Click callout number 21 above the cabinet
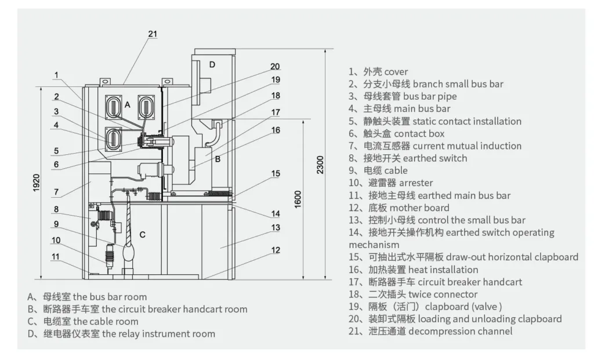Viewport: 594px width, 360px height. click(x=152, y=34)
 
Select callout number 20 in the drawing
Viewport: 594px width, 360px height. click(x=276, y=66)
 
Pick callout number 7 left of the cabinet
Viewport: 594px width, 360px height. click(x=56, y=191)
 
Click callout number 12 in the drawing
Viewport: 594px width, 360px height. click(x=276, y=250)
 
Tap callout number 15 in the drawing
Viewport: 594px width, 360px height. click(x=276, y=173)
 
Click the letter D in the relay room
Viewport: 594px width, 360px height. click(x=212, y=64)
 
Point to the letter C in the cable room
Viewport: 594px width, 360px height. click(x=142, y=235)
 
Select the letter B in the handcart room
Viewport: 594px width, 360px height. click(x=218, y=158)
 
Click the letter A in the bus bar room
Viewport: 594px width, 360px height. click(x=127, y=104)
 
